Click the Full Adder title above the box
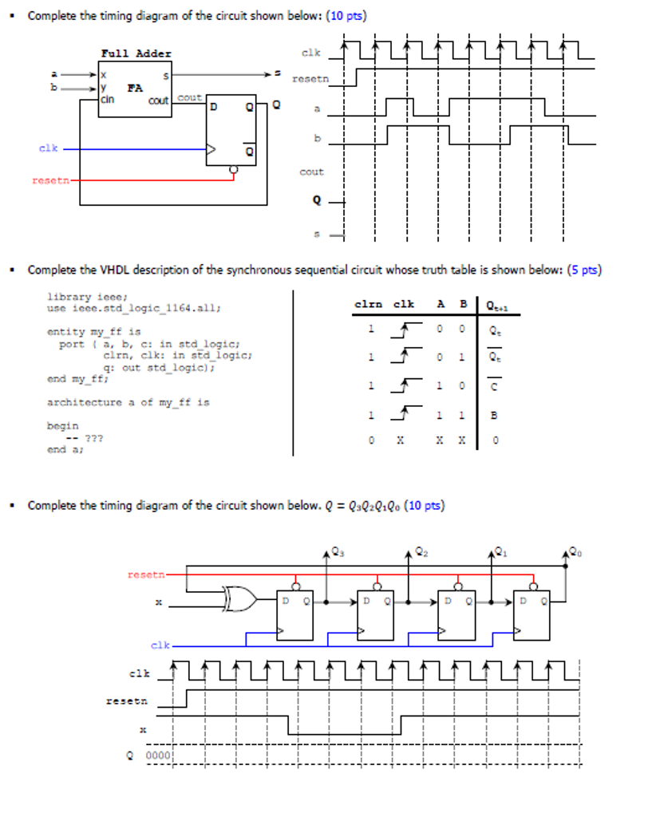[136, 53]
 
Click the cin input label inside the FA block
[107, 101]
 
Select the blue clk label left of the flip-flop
[48, 148]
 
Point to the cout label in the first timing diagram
[311, 172]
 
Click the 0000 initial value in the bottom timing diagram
[157, 756]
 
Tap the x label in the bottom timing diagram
[144, 729]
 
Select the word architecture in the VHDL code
[82, 402]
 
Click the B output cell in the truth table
[493, 415]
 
